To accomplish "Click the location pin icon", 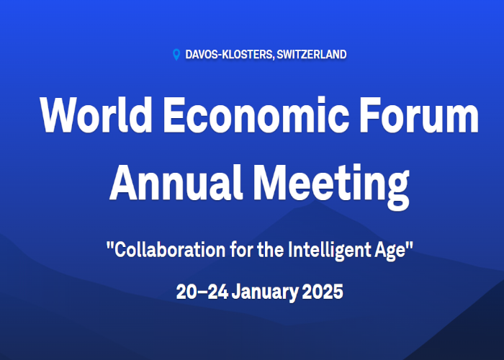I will click(x=176, y=55).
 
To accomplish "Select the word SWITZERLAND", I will click(x=311, y=55).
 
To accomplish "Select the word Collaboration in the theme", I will click(x=161, y=251).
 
